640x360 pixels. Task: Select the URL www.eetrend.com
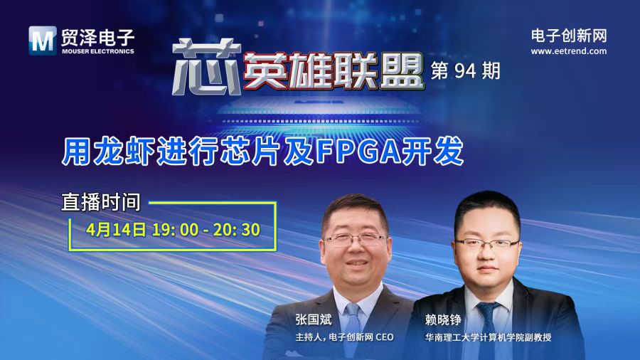tap(569, 51)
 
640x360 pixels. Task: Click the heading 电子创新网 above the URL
tap(569, 35)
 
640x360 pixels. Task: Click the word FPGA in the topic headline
tap(390, 152)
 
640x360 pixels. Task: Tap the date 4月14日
tap(115, 229)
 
